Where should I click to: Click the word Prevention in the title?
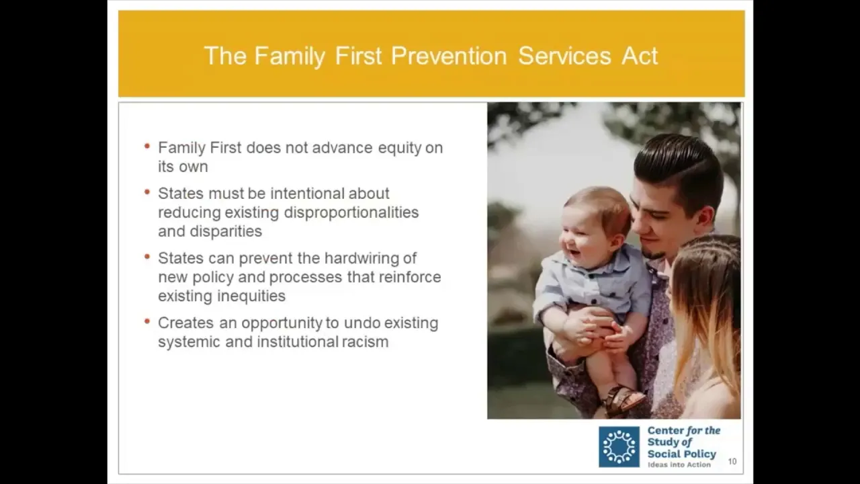point(449,56)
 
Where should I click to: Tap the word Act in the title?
point(640,56)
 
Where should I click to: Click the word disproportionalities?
point(351,213)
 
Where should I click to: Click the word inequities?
point(251,296)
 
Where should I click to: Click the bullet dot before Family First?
point(146,147)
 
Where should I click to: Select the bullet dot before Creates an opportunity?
point(146,321)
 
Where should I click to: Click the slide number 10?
point(732,461)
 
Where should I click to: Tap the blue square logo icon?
point(619,447)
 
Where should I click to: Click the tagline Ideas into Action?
point(679,465)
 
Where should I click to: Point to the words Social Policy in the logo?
point(682,454)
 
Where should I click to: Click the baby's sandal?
point(621,400)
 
